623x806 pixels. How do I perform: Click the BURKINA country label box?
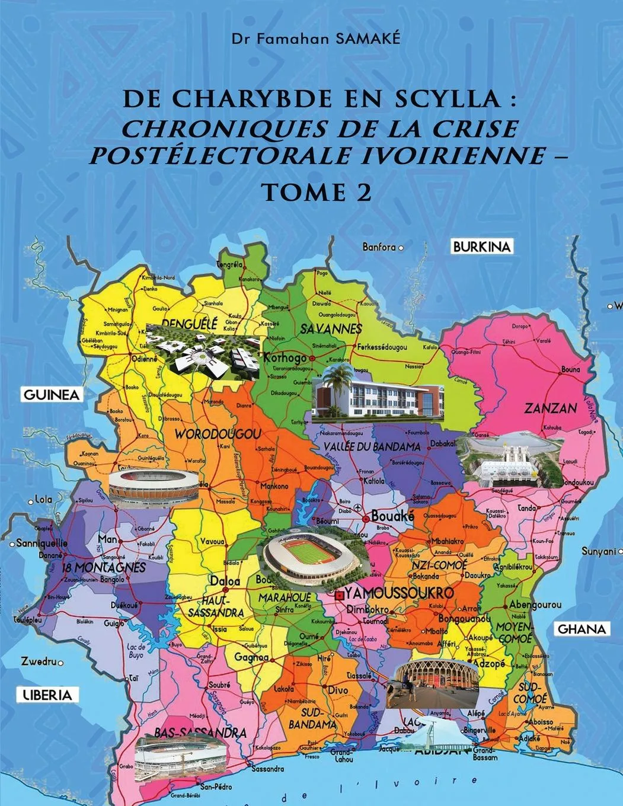click(481, 247)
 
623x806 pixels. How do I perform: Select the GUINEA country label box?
click(51, 395)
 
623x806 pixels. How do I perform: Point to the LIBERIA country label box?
click(47, 695)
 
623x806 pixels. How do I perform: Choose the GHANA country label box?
click(583, 629)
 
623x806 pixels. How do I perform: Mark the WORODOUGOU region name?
click(218, 434)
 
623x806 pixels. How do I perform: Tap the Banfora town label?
click(379, 247)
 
